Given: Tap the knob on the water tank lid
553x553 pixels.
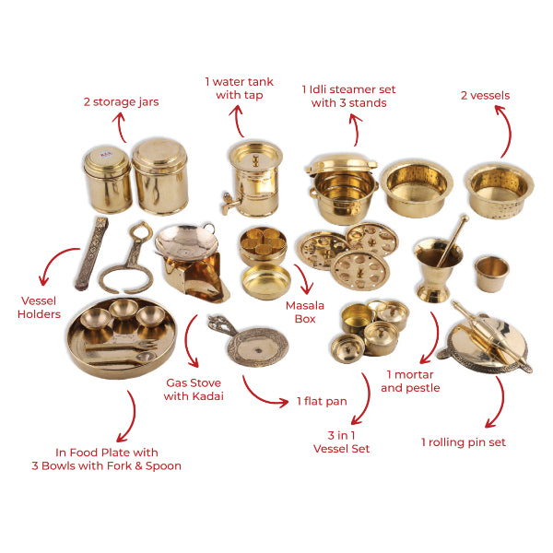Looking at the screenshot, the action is click(255, 160).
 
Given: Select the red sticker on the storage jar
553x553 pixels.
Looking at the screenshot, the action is click(106, 154).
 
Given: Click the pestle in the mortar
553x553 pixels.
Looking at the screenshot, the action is click(453, 241).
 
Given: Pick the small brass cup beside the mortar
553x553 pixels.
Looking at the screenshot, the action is click(491, 274).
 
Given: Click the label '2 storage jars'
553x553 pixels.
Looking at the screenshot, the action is click(121, 102).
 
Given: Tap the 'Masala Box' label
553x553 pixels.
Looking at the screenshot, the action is click(305, 312).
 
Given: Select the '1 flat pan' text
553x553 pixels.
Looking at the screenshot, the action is click(322, 401).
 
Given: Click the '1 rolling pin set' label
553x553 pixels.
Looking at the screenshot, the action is click(464, 442).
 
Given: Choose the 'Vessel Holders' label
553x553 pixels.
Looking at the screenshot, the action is click(39, 308).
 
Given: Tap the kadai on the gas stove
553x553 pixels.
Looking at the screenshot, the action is click(186, 239).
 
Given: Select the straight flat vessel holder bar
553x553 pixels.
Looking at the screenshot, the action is click(91, 253).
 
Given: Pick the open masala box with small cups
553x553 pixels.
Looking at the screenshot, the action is click(263, 244).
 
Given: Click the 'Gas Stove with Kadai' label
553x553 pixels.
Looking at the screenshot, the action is click(194, 389).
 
